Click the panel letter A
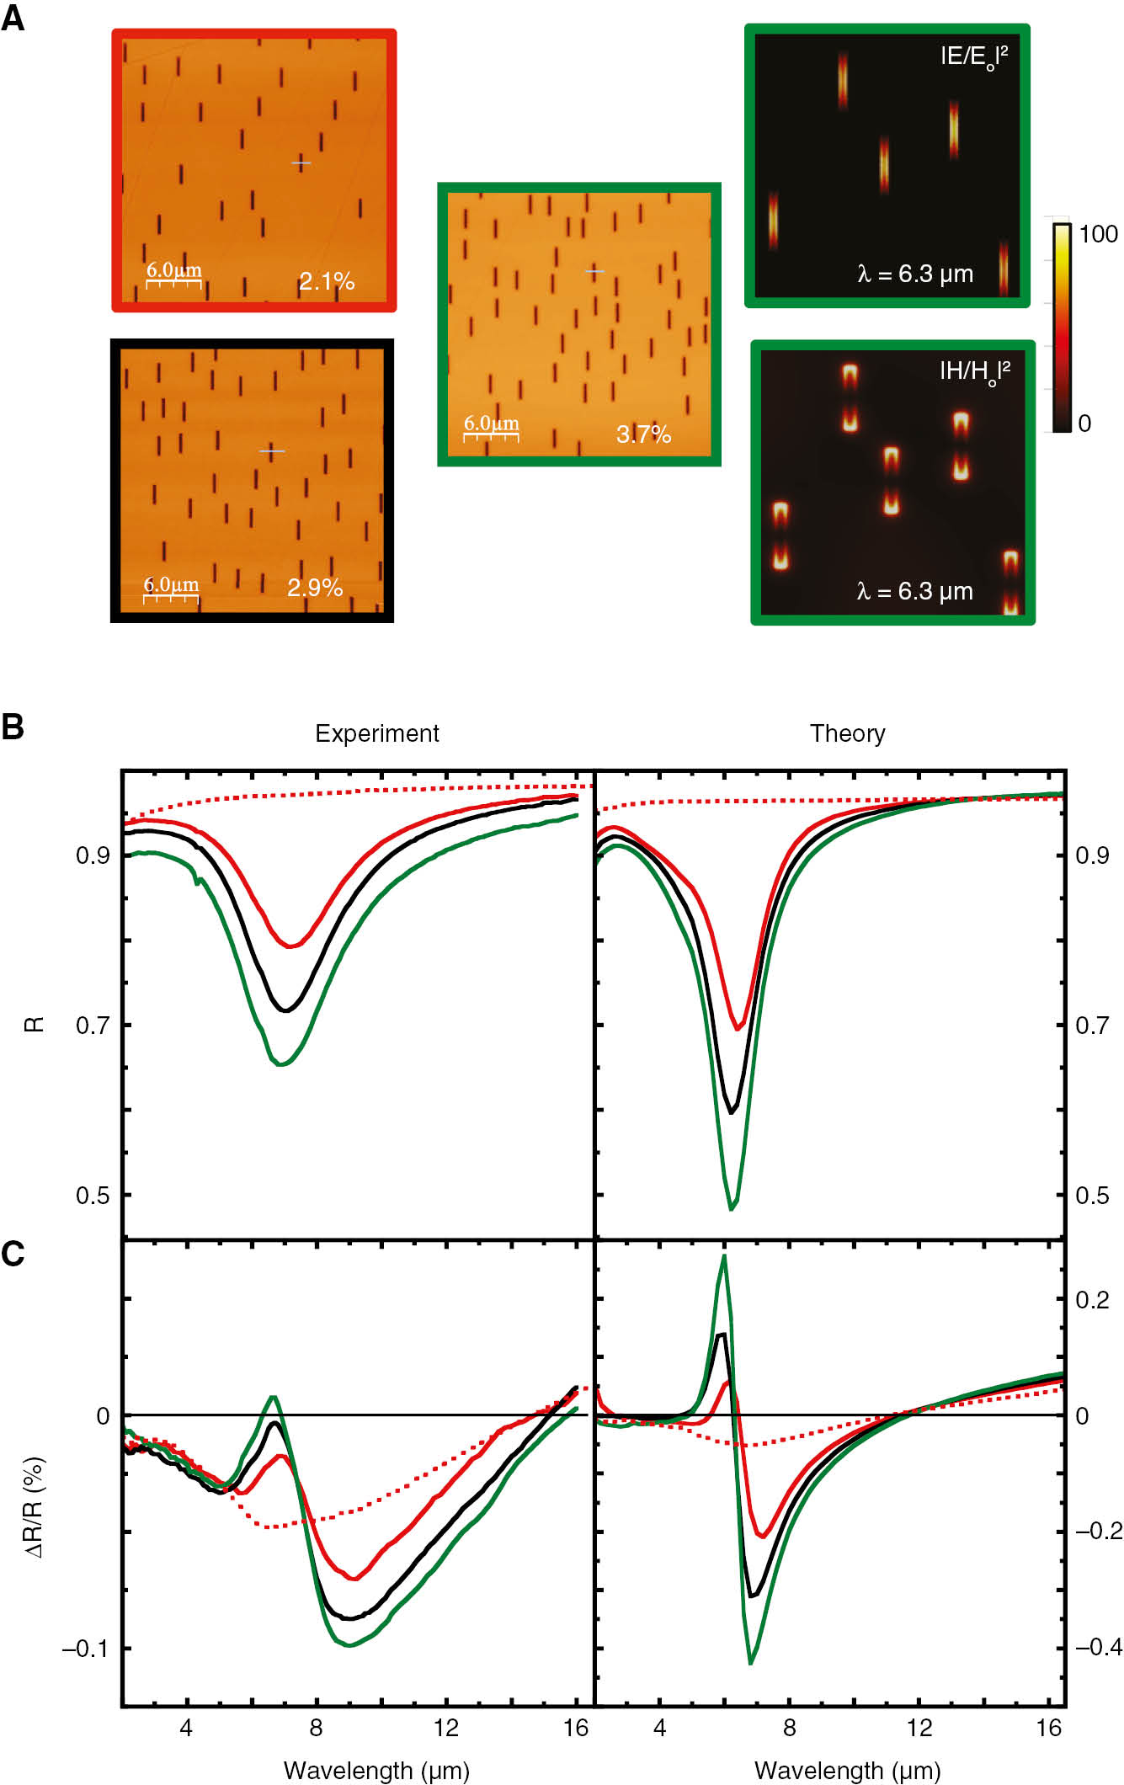coord(13,18)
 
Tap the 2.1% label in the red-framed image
coord(327,281)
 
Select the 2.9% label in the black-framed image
coord(315,588)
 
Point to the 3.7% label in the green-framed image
coord(643,434)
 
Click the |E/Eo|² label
coord(973,57)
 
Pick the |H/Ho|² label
coord(974,372)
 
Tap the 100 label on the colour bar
coord(1098,234)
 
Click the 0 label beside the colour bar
coord(1084,424)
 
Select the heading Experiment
coord(377,733)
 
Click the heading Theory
coord(847,733)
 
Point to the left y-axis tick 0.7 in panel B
coord(93,1026)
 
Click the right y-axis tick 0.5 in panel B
coord(1092,1196)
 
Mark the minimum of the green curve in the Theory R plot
coord(731,1209)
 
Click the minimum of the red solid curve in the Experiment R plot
coord(290,946)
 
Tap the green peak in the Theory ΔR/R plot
coord(723,1256)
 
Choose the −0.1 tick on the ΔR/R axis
coord(85,1649)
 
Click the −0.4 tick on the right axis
coord(1098,1647)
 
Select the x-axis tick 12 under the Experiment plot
coord(445,1729)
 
